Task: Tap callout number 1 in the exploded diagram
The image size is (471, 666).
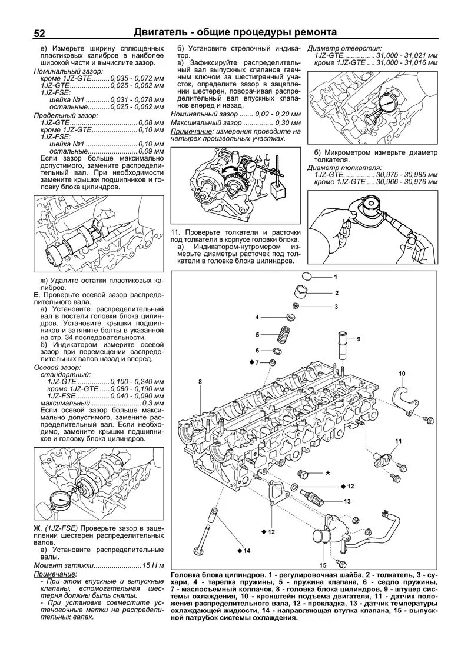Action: (x=335, y=277)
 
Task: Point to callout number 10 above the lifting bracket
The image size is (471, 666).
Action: (x=402, y=374)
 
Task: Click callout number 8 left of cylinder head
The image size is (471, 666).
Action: (x=200, y=382)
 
